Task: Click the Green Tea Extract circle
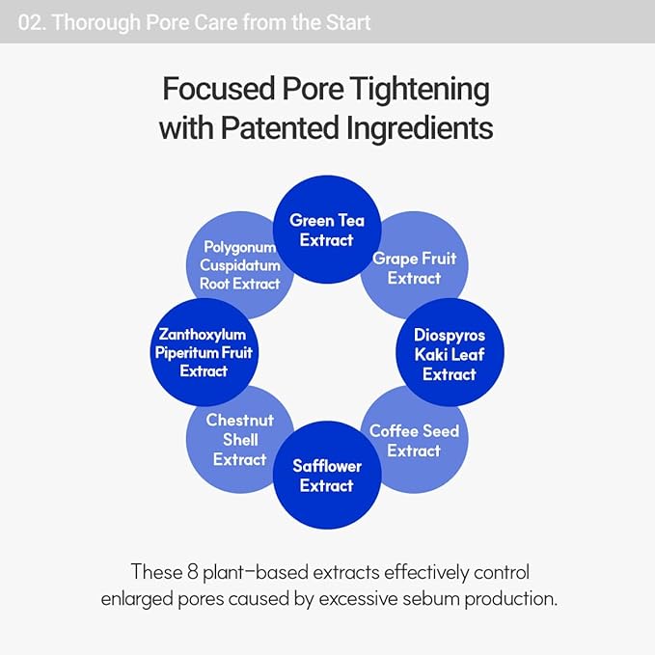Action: coord(327,230)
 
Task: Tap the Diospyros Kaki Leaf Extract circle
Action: coord(450,352)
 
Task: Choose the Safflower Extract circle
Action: coord(327,475)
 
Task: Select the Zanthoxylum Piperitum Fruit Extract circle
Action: coord(205,352)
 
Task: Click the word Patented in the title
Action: coord(280,128)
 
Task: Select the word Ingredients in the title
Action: coord(420,129)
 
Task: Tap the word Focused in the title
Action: coord(218,89)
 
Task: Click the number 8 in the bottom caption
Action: coord(193,571)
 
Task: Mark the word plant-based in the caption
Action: coord(256,573)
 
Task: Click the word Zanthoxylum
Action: coord(203,335)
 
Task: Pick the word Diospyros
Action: coord(450,336)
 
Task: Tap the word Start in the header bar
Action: coord(348,22)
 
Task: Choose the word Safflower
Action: coord(327,466)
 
